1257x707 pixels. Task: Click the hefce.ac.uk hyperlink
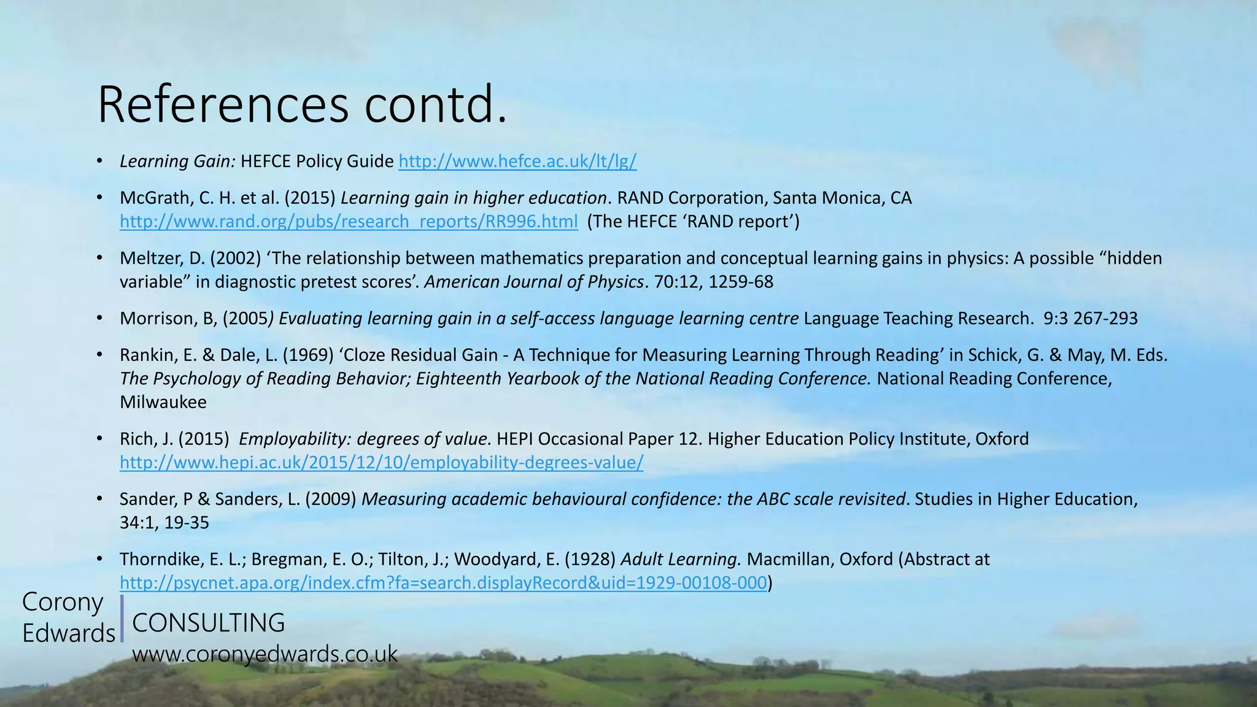coord(517,161)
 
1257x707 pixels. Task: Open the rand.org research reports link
coord(349,222)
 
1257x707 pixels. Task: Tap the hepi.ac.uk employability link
coord(381,462)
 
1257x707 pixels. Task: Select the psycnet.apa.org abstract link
coord(443,582)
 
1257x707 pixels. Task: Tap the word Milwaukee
coord(163,403)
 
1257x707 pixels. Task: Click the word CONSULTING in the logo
coord(209,623)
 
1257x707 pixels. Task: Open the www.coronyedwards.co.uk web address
coord(265,654)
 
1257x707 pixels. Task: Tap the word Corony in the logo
coord(63,602)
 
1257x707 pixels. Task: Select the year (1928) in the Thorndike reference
coord(590,560)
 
